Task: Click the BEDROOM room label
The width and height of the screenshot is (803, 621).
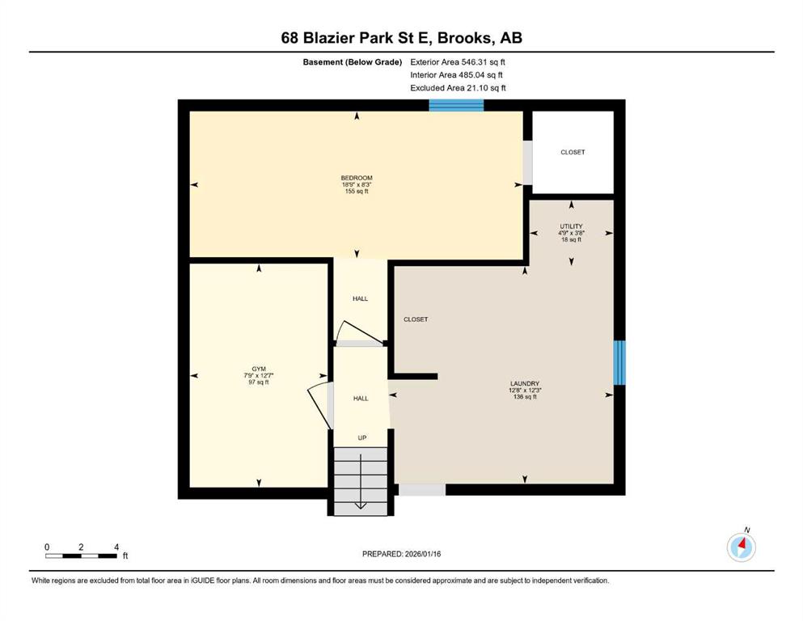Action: click(x=357, y=178)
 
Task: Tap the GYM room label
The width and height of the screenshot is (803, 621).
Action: click(x=259, y=369)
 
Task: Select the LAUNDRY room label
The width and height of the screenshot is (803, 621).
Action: click(x=525, y=383)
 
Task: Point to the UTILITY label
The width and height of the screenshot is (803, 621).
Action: click(x=571, y=226)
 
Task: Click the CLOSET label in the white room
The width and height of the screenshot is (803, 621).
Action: click(x=573, y=152)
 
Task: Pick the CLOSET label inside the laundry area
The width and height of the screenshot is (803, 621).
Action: click(x=416, y=319)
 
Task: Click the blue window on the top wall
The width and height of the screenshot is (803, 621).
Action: click(x=456, y=105)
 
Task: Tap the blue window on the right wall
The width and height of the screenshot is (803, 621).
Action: click(x=619, y=362)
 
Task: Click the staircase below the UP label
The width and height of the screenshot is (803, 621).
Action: click(x=361, y=481)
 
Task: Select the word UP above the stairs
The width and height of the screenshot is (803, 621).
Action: click(x=362, y=437)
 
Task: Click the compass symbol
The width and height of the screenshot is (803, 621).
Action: click(x=741, y=546)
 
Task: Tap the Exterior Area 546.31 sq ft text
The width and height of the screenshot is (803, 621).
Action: click(x=458, y=62)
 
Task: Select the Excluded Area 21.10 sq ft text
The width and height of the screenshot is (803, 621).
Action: click(x=458, y=87)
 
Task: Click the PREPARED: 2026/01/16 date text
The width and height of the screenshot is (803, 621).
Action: click(x=401, y=554)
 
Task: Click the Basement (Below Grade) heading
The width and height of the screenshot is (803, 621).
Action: click(x=353, y=62)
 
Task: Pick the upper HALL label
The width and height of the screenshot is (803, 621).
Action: click(x=360, y=298)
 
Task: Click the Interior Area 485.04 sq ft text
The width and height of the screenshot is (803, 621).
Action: click(x=456, y=74)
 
